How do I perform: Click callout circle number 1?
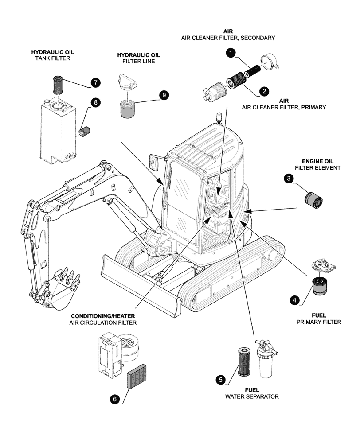tap(230, 54)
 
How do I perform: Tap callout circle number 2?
tap(264, 91)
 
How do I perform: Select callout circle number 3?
tap(289, 179)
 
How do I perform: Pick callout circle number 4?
tap(293, 300)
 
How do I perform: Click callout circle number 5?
tap(220, 379)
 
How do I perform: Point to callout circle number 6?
tap(114, 399)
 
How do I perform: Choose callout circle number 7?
tap(96, 82)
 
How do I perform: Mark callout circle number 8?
tap(96, 102)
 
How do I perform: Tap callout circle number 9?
tap(164, 95)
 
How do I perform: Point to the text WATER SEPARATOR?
tap(251, 396)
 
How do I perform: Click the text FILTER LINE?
tap(138, 62)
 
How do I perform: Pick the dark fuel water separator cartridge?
tap(245, 361)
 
